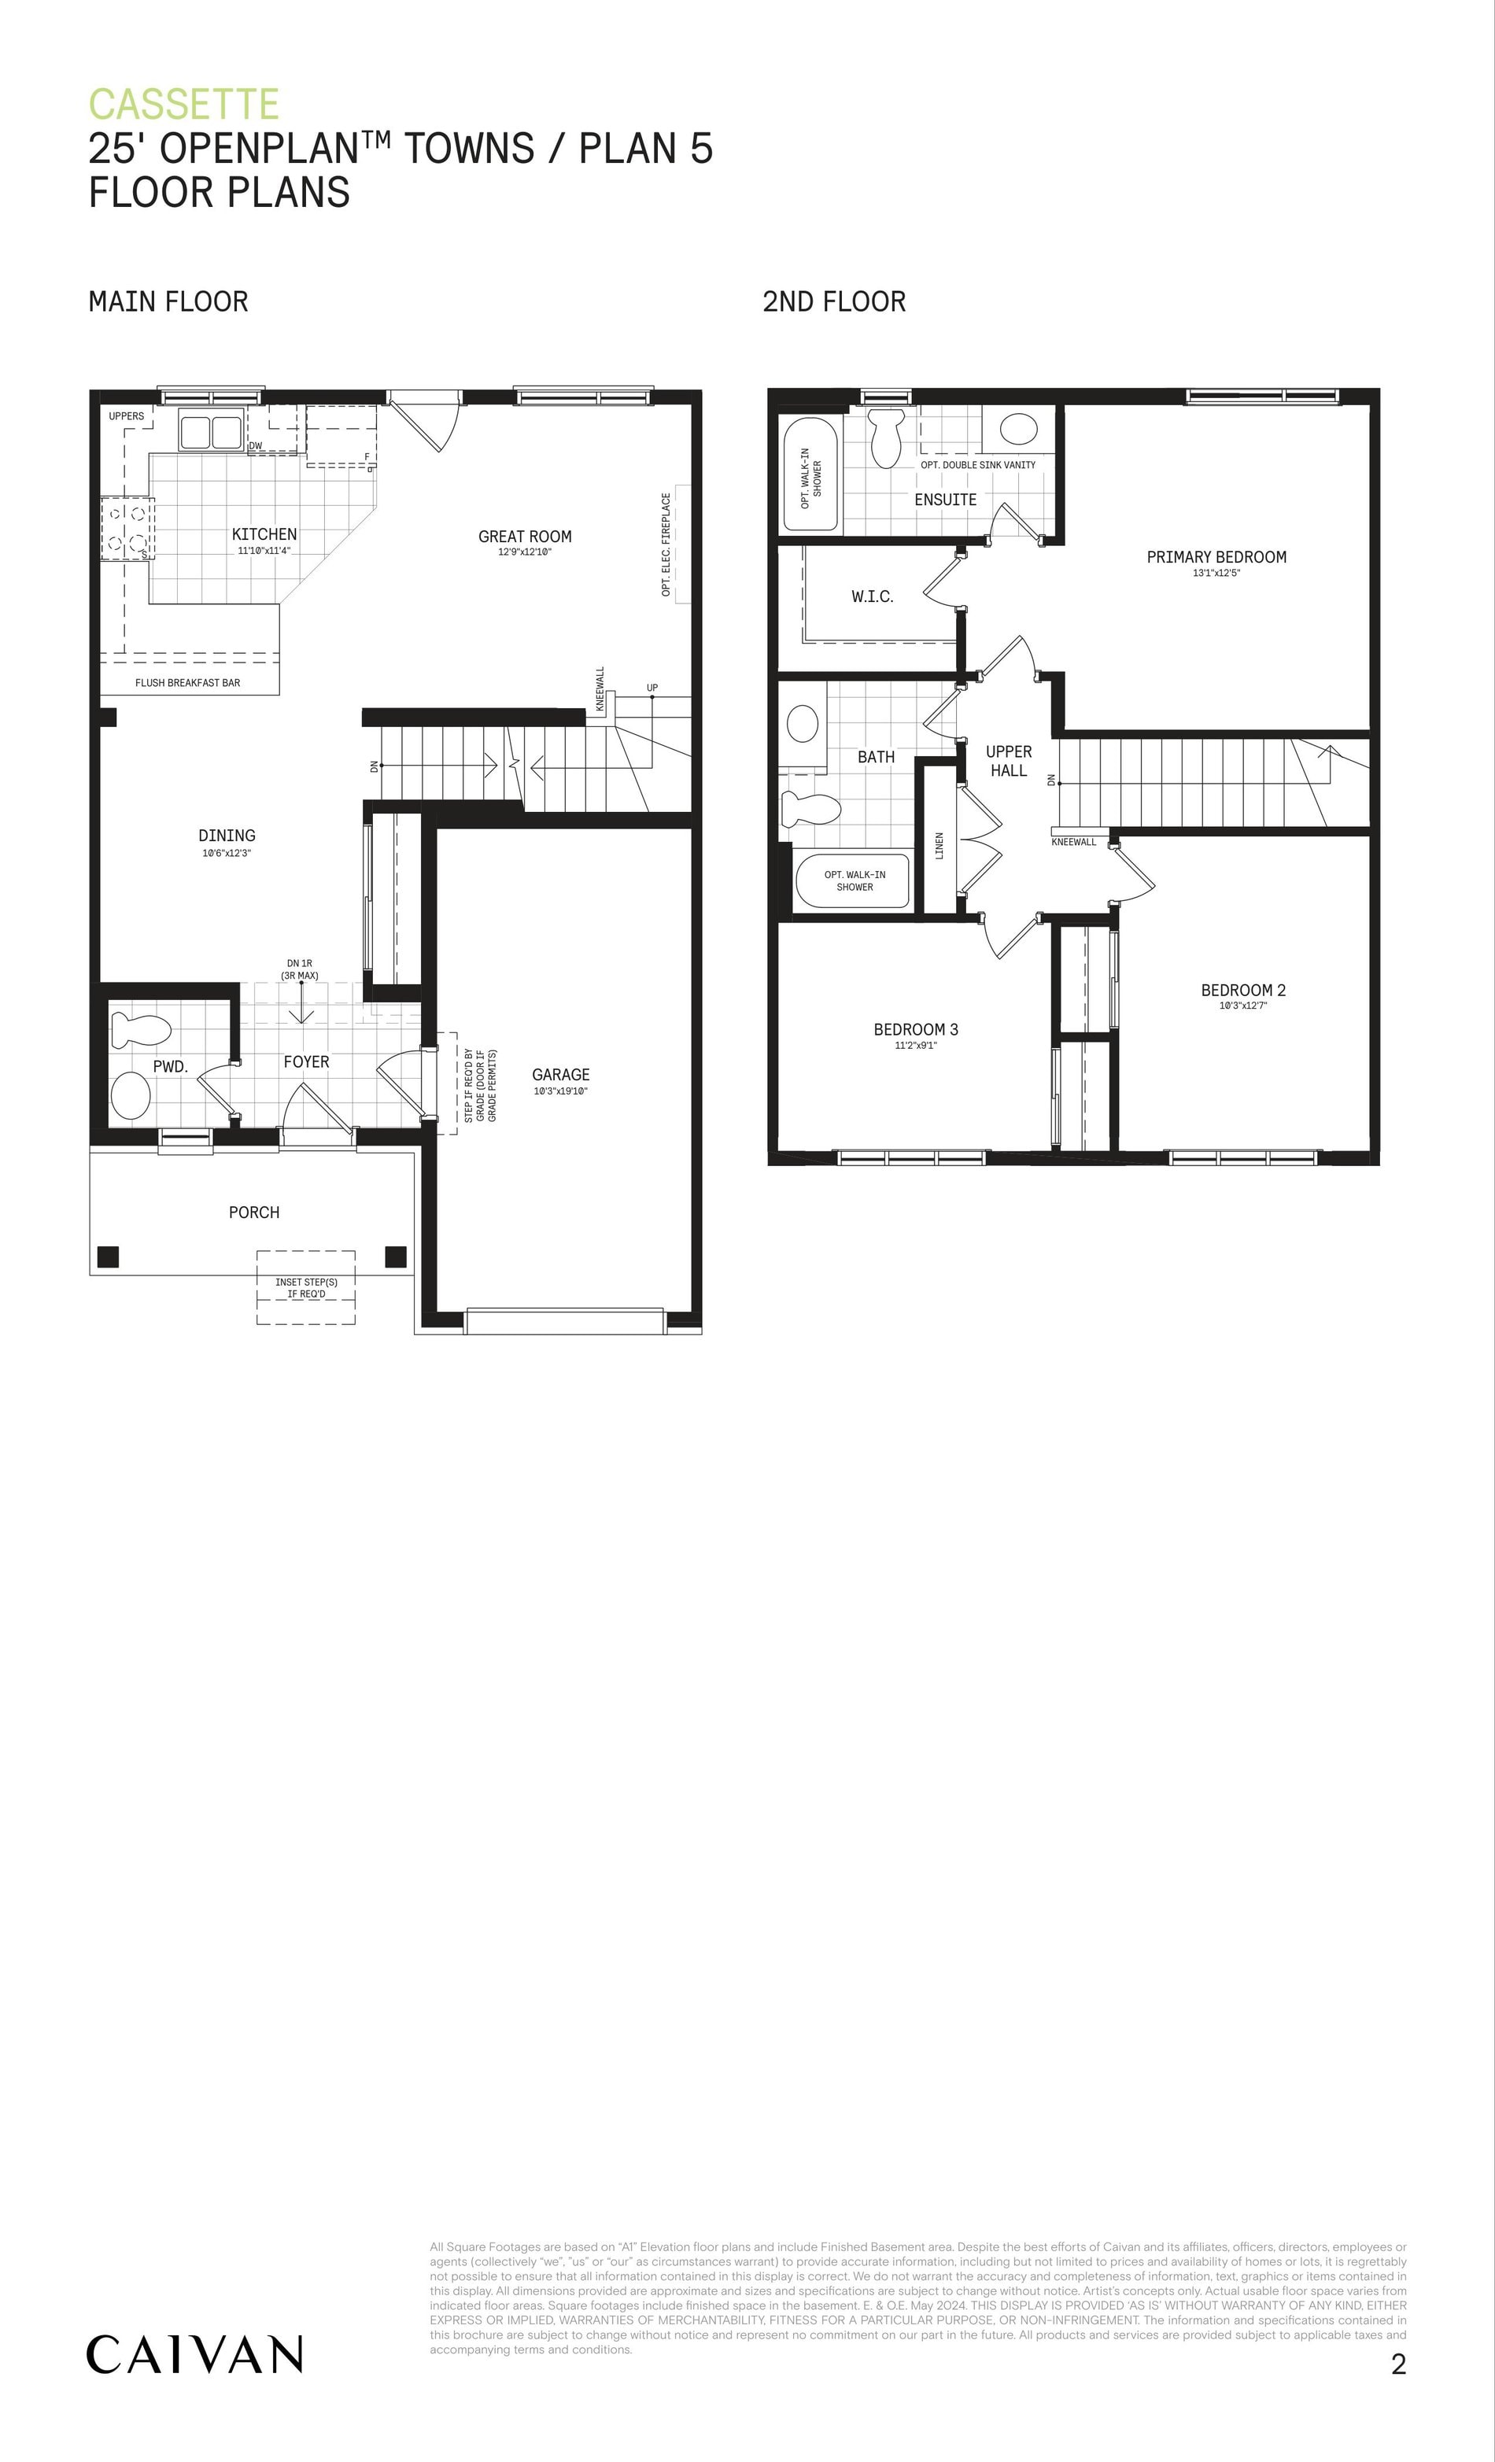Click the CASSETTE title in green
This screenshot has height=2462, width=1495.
[x=184, y=105]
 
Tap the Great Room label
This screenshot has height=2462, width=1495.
[x=525, y=537]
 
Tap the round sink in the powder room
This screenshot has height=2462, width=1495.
[x=130, y=1095]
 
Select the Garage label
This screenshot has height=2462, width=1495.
[x=560, y=1074]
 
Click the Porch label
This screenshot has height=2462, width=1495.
[x=254, y=1212]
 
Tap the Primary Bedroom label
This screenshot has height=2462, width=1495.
[x=1216, y=556]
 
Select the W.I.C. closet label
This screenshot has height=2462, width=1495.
[x=873, y=596]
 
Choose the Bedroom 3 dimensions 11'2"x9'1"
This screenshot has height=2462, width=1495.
[x=915, y=1045]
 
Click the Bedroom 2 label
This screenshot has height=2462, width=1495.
[x=1243, y=990]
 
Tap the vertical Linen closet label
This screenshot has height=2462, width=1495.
[x=939, y=845]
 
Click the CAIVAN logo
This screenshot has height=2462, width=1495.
[x=195, y=2354]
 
